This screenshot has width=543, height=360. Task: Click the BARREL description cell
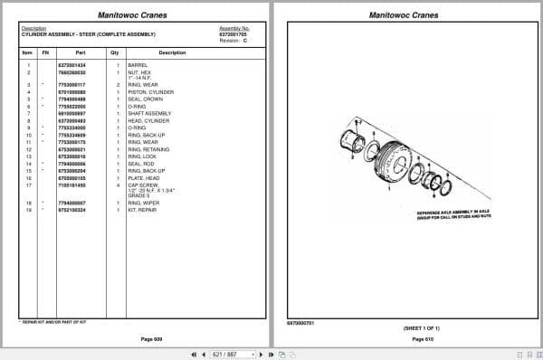coord(138,66)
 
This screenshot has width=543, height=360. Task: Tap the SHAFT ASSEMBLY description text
coord(145,114)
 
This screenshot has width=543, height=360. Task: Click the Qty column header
coord(115,53)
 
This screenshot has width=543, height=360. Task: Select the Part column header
coord(81,53)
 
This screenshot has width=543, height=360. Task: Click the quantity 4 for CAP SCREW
coord(118,185)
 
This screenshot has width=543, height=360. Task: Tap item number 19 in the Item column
coord(29,209)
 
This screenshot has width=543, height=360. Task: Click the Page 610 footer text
coord(411,337)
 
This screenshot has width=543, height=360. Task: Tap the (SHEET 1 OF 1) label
coord(411,327)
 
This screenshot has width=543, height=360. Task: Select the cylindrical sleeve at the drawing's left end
coord(351,144)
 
